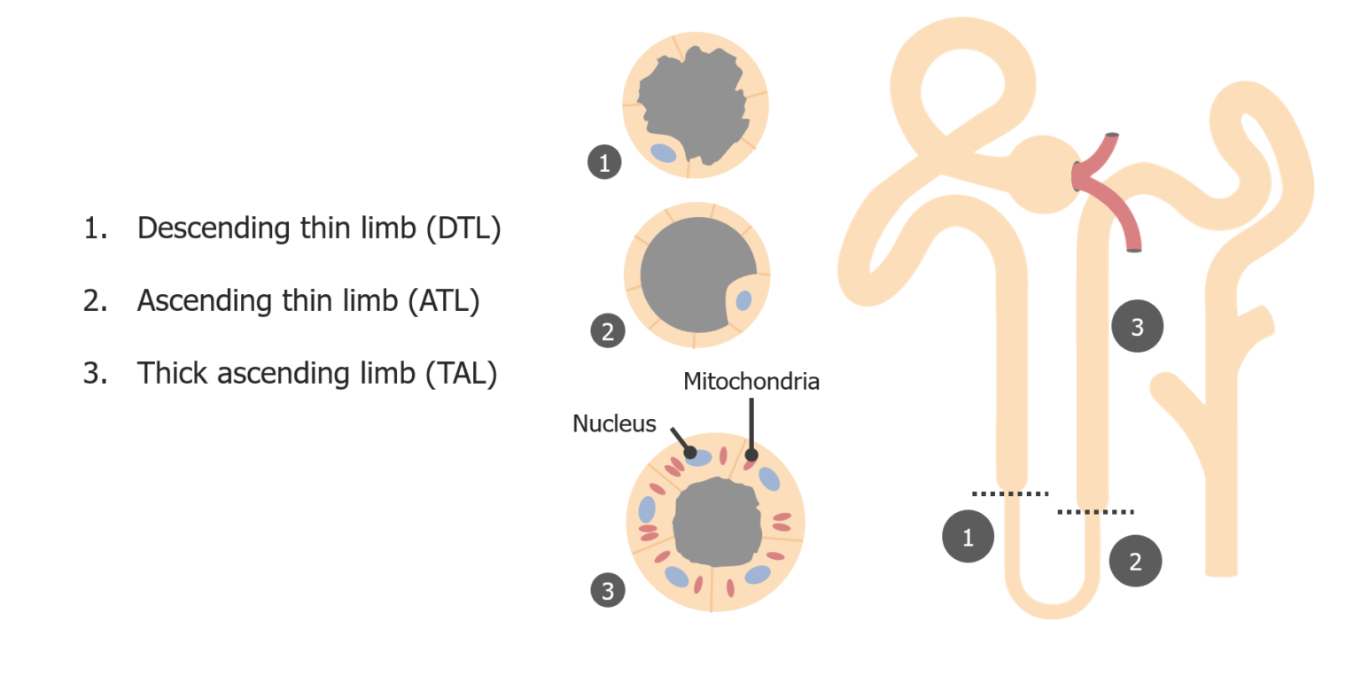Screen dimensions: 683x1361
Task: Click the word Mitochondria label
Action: [x=750, y=382]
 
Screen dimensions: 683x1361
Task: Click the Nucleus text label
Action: [x=614, y=423]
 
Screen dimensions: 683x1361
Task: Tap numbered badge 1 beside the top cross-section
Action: [x=604, y=163]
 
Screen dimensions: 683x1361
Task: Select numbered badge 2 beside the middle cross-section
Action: [x=608, y=332]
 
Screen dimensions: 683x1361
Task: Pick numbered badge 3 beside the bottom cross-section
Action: [x=608, y=591]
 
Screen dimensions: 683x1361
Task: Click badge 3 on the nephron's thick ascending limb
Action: [x=1137, y=327]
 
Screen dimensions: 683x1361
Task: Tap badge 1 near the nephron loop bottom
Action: [x=968, y=536]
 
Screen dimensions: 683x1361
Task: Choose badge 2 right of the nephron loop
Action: [x=1135, y=561]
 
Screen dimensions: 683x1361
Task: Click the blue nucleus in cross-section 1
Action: [x=663, y=153]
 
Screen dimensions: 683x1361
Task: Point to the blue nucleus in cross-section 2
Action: [x=743, y=300]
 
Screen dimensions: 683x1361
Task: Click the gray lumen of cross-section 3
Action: [x=717, y=522]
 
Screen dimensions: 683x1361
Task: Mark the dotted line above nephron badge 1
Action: [x=1009, y=493]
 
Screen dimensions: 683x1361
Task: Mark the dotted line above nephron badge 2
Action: [x=1095, y=511]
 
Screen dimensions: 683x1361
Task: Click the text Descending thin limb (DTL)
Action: [x=318, y=229]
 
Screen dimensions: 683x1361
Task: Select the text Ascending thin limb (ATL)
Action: [x=307, y=301]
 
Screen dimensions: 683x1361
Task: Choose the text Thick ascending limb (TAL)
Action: [x=316, y=373]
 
